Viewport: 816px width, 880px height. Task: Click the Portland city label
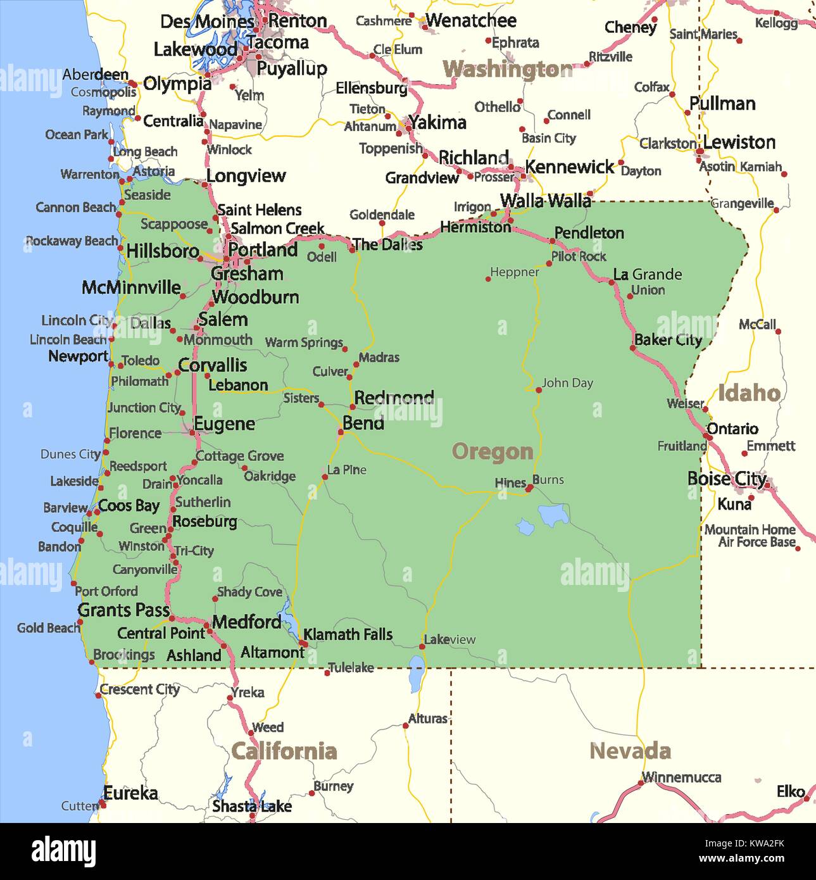coord(263,250)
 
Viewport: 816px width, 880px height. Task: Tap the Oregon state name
coord(493,452)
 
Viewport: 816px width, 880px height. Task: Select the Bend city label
coord(363,423)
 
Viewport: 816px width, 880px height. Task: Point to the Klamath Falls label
coord(348,634)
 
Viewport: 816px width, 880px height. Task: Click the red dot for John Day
coord(539,390)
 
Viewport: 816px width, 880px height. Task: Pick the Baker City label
coord(668,340)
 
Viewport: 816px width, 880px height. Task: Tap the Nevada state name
coord(630,751)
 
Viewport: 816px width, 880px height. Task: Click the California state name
coord(284,751)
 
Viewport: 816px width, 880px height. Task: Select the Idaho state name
coord(748,393)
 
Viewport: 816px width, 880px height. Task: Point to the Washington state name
coord(507,69)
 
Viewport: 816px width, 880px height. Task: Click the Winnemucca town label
coord(681,777)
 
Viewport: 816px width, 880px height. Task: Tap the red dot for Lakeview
coord(422,646)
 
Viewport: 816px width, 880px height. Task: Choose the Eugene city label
coord(224,424)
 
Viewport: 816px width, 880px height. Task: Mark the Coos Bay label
coord(129,506)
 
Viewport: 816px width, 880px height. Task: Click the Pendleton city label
coord(589,233)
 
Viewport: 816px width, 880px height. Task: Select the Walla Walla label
coord(545,201)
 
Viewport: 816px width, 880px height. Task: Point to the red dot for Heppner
coord(488,279)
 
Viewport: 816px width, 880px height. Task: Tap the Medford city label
coord(246,622)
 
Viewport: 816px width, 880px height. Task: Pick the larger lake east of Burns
coord(554,515)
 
